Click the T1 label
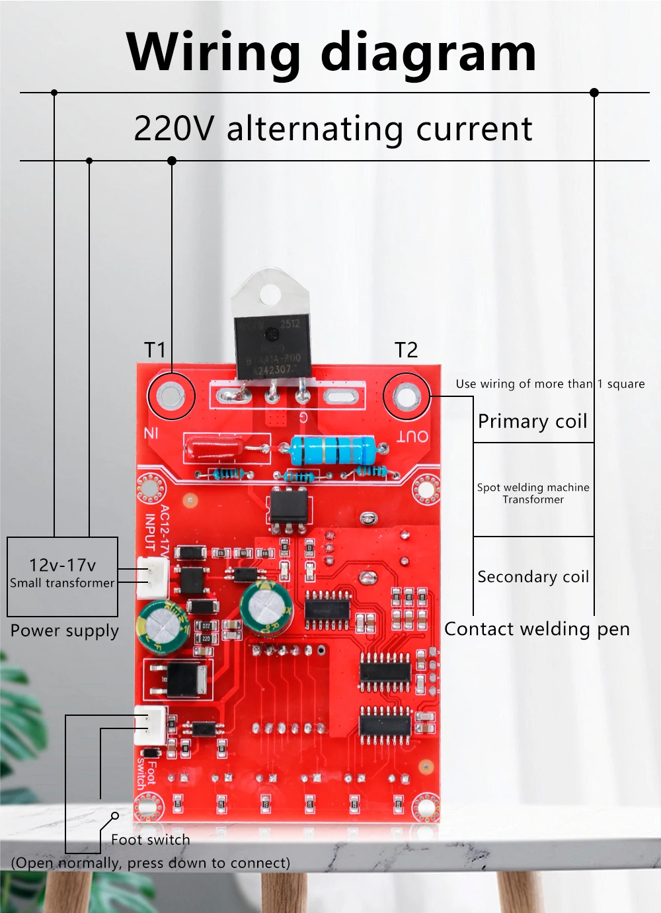coord(155,349)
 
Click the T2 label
coord(406,349)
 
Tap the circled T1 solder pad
coord(171,396)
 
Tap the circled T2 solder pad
coord(406,397)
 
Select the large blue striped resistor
coord(332,451)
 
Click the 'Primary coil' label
coord(532,421)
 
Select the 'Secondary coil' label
coord(533,577)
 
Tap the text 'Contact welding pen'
coord(537,629)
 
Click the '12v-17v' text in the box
coord(62,565)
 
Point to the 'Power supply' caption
coord(64,630)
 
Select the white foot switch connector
coord(150,726)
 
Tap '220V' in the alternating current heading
coord(174,128)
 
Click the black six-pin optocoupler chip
coord(288,507)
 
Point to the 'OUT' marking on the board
coord(412,436)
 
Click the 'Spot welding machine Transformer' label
coord(533,493)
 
